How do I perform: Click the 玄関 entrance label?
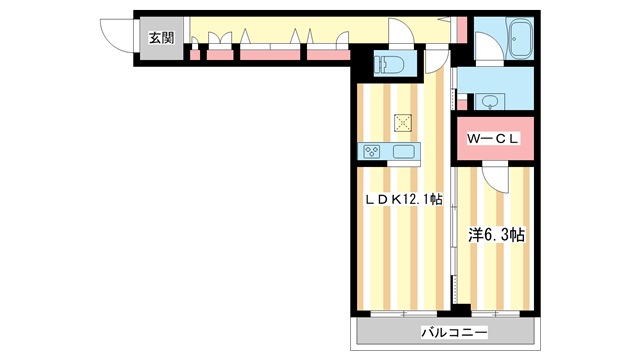coord(161,38)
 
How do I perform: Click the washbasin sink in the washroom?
coord(490,101)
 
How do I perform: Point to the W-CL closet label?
coord(492,139)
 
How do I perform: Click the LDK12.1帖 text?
coord(402,200)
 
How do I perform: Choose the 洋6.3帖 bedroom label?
coord(497,236)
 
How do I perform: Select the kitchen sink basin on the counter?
coord(405,152)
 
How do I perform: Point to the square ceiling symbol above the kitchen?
coord(403,122)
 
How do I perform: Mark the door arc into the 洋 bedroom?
coord(495,178)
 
